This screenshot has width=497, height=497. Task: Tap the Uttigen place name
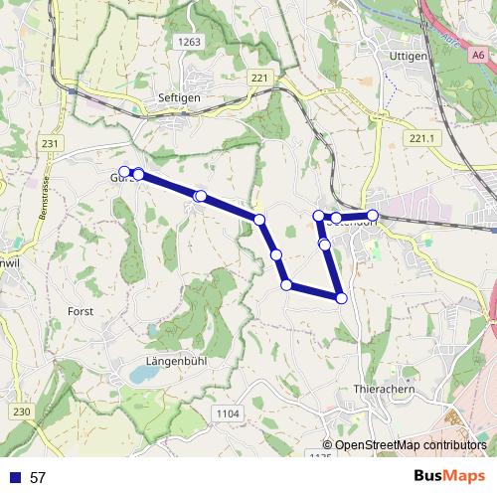409,57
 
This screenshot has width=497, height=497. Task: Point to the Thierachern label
384,390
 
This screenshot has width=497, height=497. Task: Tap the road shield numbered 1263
191,42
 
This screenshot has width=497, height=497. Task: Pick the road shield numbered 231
52,144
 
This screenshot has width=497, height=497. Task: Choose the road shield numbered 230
22,412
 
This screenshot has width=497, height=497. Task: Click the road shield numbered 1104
228,412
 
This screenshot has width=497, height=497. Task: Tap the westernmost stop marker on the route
125,171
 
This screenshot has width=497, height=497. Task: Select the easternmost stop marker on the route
373,215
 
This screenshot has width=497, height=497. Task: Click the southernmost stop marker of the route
341,297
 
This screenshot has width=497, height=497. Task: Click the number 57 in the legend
38,477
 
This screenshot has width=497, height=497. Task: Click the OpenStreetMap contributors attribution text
410,445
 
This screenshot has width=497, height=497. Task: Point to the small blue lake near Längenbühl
142,375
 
